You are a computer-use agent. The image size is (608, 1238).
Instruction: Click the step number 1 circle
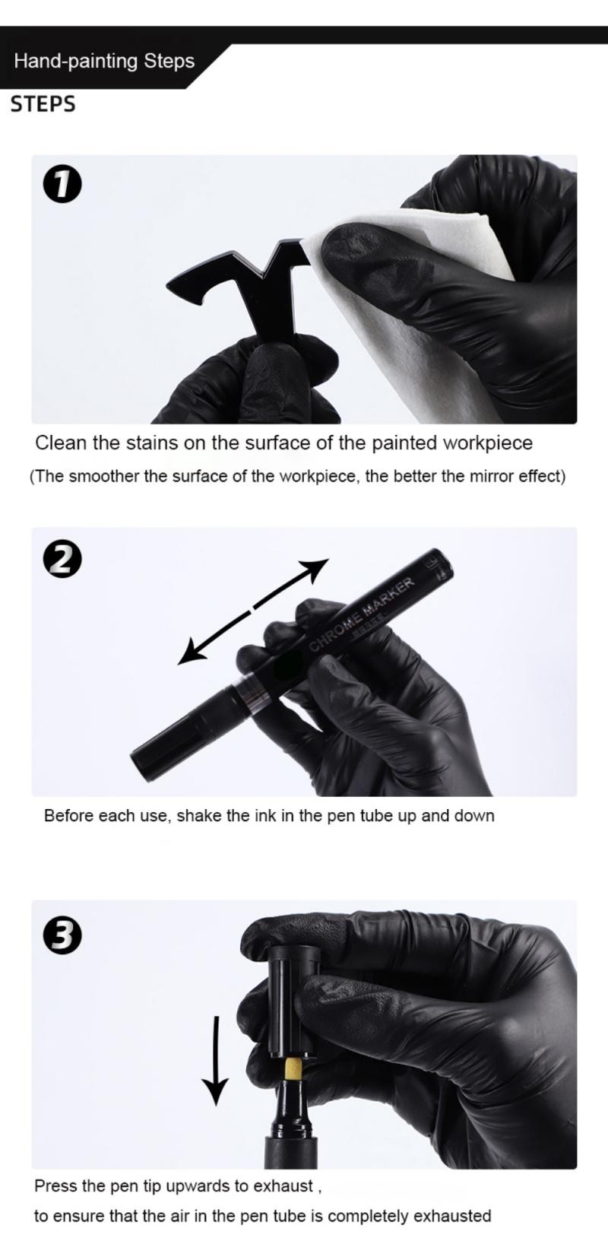pos(62,186)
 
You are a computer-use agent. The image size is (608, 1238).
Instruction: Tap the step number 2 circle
pos(62,560)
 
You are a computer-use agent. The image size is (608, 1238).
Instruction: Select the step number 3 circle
pos(62,935)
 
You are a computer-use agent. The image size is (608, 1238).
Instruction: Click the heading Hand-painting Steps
pos(104,61)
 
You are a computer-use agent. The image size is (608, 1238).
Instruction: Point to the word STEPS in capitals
pos(43,104)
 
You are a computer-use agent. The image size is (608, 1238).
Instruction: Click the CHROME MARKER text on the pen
pos(363,614)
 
